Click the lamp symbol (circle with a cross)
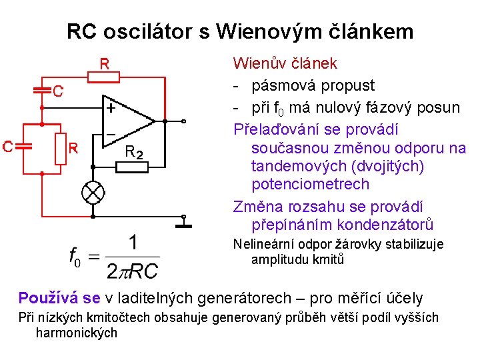pos(94,193)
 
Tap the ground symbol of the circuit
pos(184,225)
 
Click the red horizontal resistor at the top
pos(105,77)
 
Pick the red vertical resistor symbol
pos(61,147)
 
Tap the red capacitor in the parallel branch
pos(25,147)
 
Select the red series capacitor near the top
pos(42,91)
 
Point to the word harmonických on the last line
pos(76,332)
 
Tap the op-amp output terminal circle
pos(184,121)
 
